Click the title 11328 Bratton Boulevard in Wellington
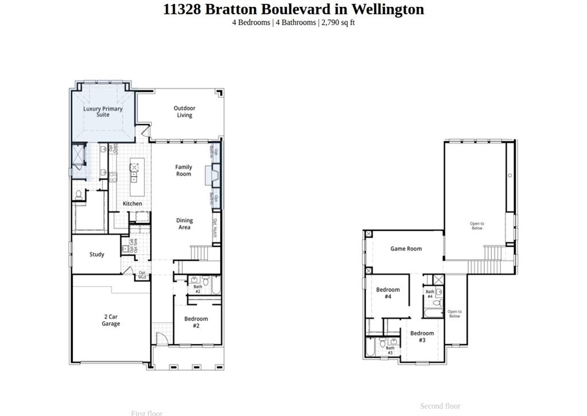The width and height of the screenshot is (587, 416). click(x=293, y=9)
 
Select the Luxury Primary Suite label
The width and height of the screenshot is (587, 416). click(x=103, y=111)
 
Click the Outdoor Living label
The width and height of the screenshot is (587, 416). click(x=184, y=111)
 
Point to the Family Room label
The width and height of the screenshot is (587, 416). click(x=183, y=170)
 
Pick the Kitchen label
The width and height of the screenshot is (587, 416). click(x=132, y=204)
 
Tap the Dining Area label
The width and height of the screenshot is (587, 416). click(x=184, y=224)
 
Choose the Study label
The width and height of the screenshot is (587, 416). click(x=97, y=254)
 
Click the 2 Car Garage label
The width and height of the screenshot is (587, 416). click(x=111, y=320)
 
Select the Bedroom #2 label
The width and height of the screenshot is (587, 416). click(x=196, y=322)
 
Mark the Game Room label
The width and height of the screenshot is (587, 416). click(x=406, y=248)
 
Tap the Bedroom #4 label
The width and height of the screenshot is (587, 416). click(x=388, y=293)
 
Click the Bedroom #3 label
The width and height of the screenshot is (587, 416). click(x=422, y=337)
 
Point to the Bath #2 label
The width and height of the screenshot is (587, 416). click(x=197, y=289)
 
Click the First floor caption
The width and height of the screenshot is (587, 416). click(x=147, y=413)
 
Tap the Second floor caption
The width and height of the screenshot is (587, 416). click(x=440, y=406)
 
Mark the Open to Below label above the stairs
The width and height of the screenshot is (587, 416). click(x=477, y=226)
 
